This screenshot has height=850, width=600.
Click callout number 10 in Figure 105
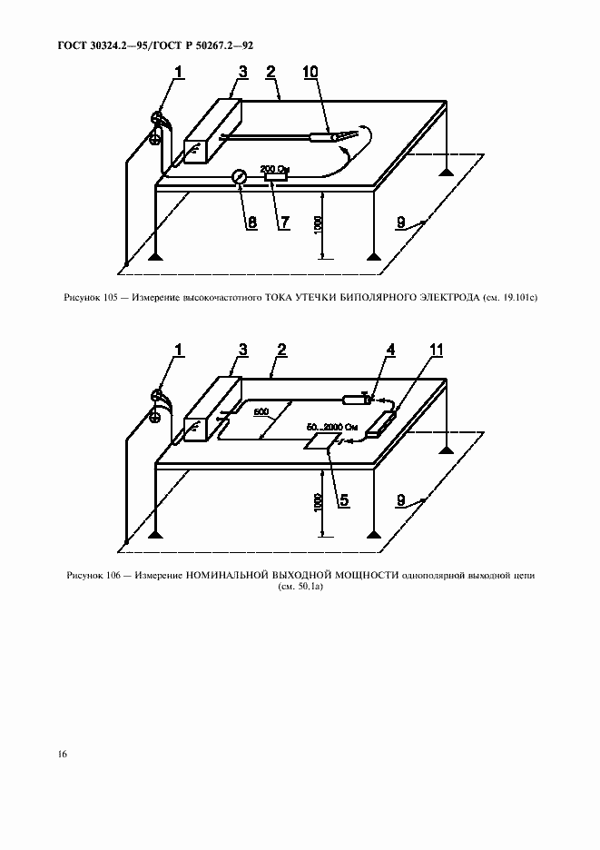310,73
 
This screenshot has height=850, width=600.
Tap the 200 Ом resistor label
274,168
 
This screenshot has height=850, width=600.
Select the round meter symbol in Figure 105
239,177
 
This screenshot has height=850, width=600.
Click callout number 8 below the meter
252,222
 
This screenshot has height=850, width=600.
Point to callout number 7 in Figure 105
283,222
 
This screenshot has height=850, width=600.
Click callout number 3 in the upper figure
242,72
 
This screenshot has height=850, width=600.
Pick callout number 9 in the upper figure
401,222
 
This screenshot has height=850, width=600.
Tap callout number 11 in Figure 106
435,351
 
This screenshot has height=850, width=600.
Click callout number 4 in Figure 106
390,351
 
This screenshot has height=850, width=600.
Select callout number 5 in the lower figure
344,499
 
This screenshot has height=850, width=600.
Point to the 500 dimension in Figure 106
261,412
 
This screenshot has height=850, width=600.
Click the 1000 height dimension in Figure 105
319,224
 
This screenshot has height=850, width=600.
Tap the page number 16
63,754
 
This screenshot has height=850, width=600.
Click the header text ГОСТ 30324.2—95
102,45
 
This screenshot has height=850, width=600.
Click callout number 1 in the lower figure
178,351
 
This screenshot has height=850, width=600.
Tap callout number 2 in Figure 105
271,72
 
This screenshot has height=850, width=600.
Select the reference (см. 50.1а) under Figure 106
300,587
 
